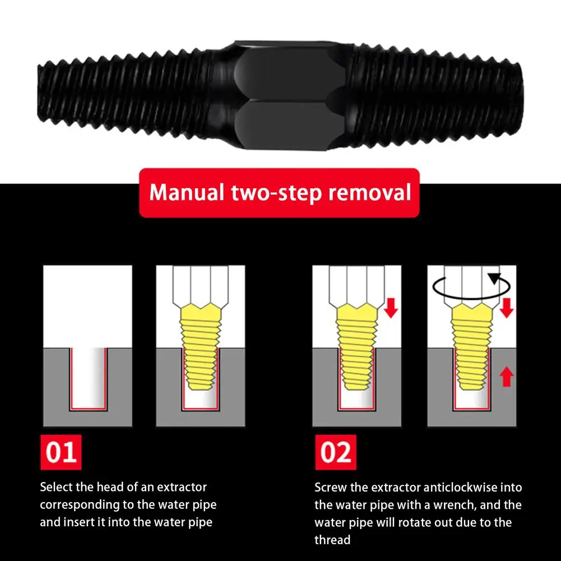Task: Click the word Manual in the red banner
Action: pos(187,192)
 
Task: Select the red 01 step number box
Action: pos(61,452)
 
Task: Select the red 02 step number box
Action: pos(336,452)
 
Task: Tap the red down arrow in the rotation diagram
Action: pos(507,308)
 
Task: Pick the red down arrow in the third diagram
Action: pos(391,308)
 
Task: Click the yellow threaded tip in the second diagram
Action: pos(201,346)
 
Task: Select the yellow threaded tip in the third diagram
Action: pos(356,346)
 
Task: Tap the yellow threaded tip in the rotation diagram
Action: pos(472,346)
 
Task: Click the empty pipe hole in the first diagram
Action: pos(88,378)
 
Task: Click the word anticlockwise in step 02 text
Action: pos(461,487)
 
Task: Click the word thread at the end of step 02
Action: pos(332,540)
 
